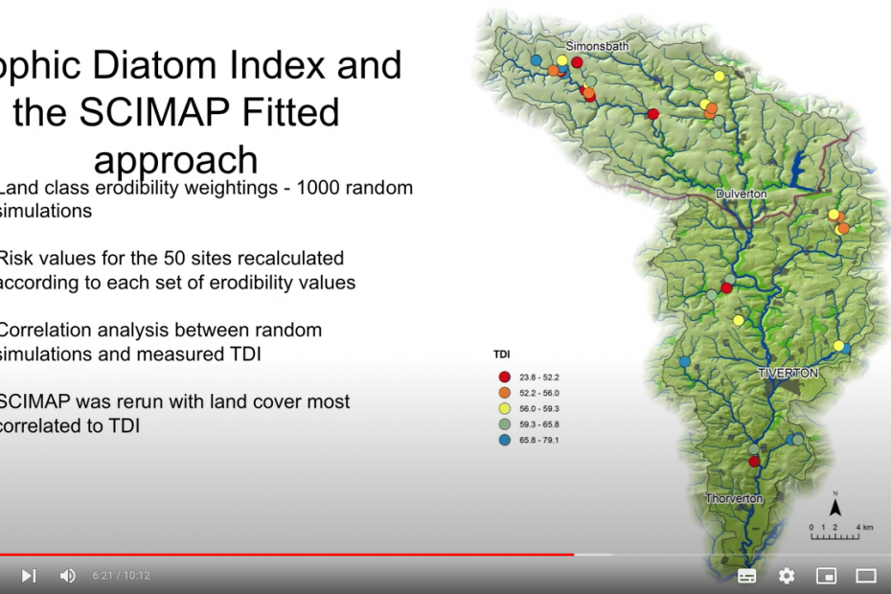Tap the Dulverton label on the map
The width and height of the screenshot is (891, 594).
tap(742, 194)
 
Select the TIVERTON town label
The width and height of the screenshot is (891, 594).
tap(788, 372)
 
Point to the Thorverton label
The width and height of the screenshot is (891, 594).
tap(734, 499)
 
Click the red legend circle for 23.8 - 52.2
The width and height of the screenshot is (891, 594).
tap(504, 377)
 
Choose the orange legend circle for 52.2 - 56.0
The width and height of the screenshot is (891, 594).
tap(504, 393)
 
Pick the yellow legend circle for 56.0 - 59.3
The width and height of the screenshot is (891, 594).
tap(504, 409)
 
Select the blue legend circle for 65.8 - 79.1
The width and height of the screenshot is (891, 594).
tap(504, 441)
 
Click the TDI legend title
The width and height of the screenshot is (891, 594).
tap(501, 354)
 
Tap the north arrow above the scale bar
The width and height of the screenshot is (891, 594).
tap(835, 506)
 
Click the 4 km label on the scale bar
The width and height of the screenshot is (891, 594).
tap(864, 528)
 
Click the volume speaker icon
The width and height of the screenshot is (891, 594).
tap(67, 576)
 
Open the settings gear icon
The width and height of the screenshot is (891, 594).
tap(787, 576)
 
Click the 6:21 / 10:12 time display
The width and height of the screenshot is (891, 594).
tap(122, 576)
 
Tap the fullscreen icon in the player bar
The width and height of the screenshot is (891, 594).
tap(866, 576)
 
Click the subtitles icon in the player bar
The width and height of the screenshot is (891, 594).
tap(747, 576)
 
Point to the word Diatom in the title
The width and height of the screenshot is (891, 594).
tap(152, 65)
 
